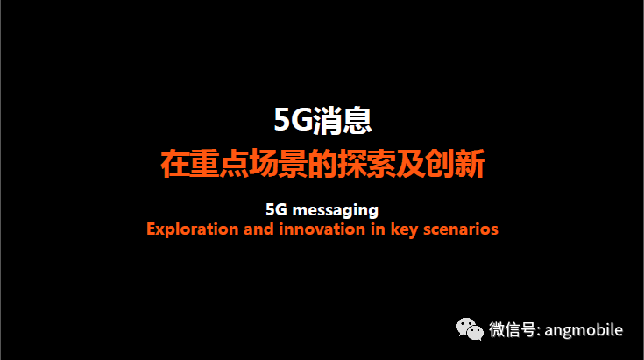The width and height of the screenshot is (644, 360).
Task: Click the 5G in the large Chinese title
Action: (x=294, y=120)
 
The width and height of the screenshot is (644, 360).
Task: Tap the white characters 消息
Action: (x=343, y=120)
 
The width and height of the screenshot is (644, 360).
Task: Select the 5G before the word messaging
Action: (x=276, y=209)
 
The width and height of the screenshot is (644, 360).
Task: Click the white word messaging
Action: (x=335, y=211)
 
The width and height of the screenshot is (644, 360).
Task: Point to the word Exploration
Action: (x=192, y=229)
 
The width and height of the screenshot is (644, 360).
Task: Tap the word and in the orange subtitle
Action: (x=258, y=229)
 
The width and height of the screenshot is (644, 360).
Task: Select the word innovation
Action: (x=322, y=229)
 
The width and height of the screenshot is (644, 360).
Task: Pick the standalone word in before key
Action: (x=378, y=229)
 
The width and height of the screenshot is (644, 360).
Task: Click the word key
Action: (x=404, y=230)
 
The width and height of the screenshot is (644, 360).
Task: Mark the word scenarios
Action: (x=461, y=229)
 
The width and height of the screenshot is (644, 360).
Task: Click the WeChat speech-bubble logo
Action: (x=470, y=329)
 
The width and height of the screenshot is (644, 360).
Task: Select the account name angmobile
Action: (x=584, y=330)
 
